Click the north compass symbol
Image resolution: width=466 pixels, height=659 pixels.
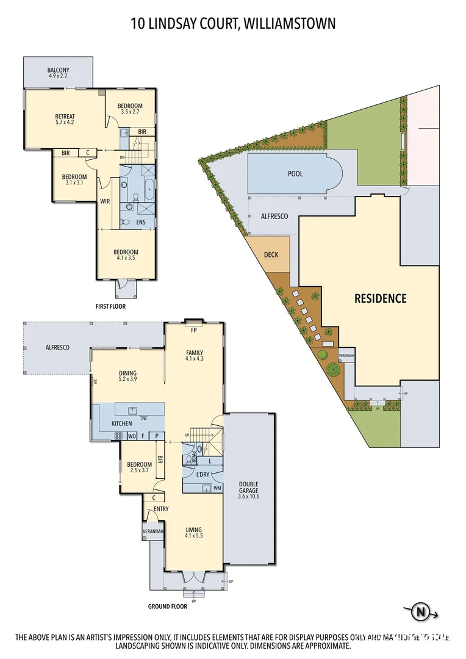point(420,611)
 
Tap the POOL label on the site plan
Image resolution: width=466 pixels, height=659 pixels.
point(295,174)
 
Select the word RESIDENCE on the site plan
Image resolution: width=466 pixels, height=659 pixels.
point(380,298)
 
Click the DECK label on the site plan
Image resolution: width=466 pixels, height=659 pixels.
point(271,254)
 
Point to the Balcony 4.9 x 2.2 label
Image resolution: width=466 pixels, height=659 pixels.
point(58,74)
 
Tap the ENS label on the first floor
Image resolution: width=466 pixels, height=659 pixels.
point(140,222)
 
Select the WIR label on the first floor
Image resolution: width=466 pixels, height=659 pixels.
point(105,201)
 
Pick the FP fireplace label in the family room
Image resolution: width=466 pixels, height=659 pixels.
point(195,329)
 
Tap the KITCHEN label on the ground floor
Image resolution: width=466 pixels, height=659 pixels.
point(121,423)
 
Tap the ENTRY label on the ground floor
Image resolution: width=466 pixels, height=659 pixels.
point(161,508)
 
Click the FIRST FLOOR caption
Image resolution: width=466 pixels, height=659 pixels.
point(111,306)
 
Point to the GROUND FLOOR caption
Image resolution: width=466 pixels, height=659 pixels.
point(167,607)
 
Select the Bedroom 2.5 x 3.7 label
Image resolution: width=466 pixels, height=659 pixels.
point(139,467)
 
